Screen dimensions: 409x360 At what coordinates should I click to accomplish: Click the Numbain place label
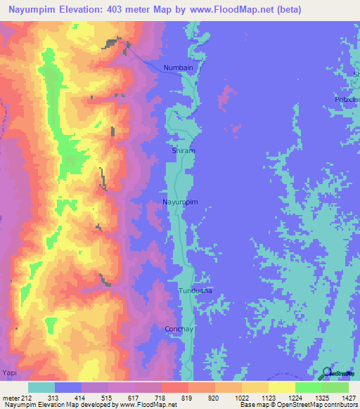pyautogui.click(x=178, y=67)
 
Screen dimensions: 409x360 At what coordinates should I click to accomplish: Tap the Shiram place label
pyautogui.click(x=183, y=151)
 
